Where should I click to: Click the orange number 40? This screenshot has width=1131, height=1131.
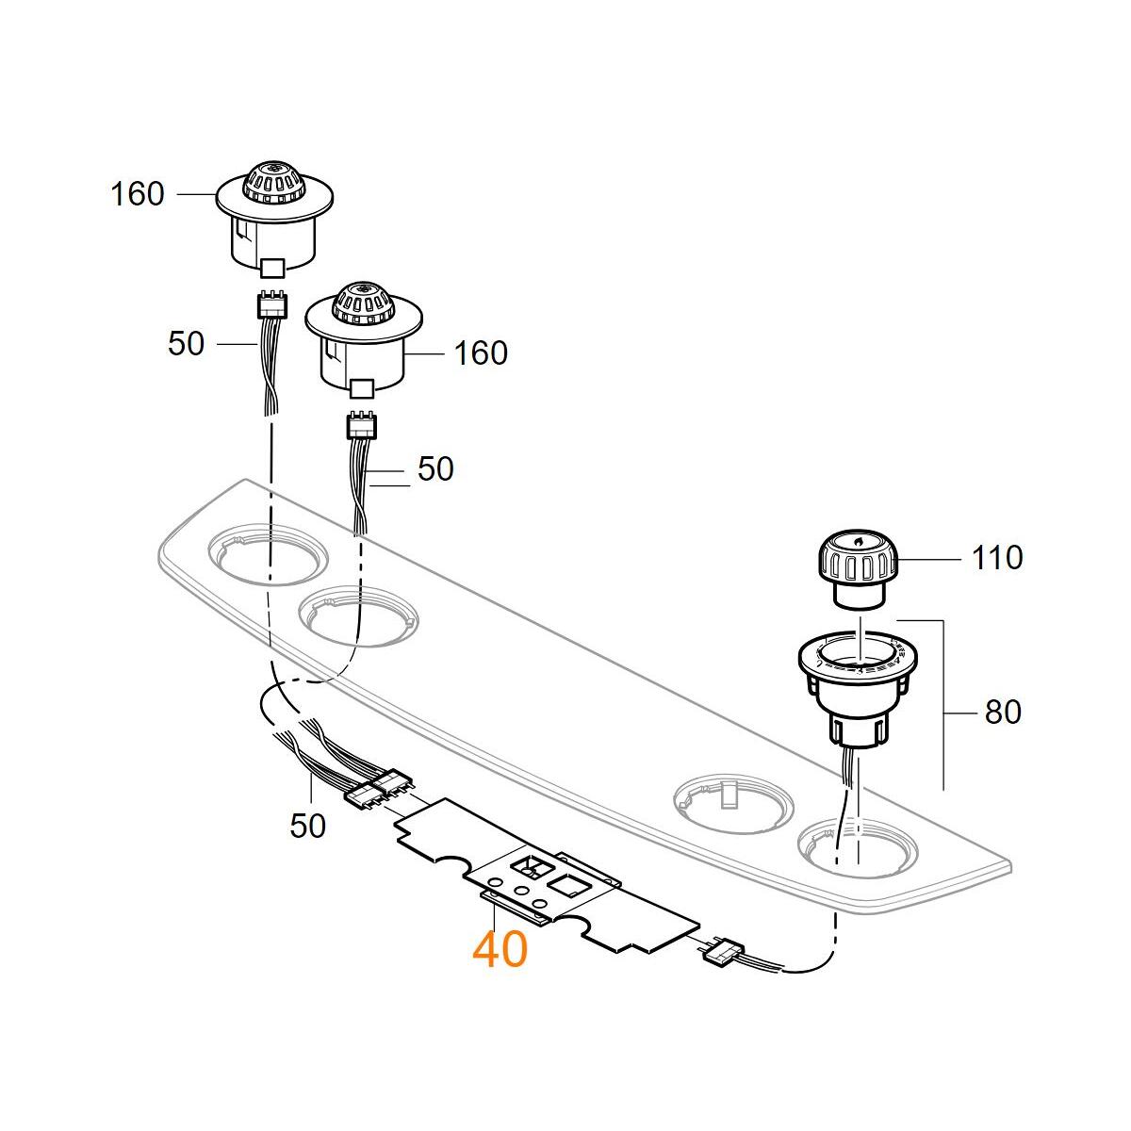500,949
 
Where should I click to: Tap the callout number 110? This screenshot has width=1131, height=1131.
997,557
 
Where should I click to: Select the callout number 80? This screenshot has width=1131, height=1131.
1002,712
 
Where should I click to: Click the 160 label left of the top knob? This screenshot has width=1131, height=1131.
138,194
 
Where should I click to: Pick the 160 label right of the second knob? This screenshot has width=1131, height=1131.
481,353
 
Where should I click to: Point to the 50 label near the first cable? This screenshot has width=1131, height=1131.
186,344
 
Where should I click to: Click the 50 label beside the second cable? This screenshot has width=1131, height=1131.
434,469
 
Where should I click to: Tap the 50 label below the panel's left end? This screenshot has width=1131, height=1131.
307,826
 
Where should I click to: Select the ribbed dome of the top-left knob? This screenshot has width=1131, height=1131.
274,180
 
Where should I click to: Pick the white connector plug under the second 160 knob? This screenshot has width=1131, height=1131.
361,426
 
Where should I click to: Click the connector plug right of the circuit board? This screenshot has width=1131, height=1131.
723,952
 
